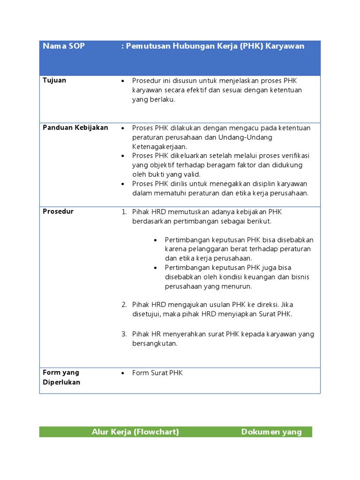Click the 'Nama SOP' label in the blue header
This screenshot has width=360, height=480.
pyautogui.click(x=64, y=46)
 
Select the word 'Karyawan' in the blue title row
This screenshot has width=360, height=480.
pyautogui.click(x=285, y=46)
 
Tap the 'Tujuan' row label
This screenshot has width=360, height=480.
pyautogui.click(x=54, y=80)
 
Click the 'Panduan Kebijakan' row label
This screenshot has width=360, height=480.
pyautogui.click(x=75, y=127)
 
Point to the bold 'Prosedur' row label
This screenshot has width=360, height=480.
pyautogui.click(x=58, y=211)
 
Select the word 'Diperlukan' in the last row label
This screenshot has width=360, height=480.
pyautogui.click(x=61, y=382)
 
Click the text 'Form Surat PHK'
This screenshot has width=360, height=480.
pyautogui.click(x=157, y=373)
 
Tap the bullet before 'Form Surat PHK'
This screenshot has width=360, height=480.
pyautogui.click(x=123, y=373)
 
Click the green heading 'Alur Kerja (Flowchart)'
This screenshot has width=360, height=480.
pyautogui.click(x=135, y=432)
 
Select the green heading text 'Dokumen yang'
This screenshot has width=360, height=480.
pyautogui.click(x=271, y=432)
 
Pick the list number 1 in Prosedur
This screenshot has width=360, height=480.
pyautogui.click(x=124, y=212)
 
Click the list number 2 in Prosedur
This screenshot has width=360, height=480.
pyautogui.click(x=124, y=305)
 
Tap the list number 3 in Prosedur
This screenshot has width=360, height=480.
pyautogui.click(x=124, y=334)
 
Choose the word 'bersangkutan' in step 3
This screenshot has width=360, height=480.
pyautogui.click(x=155, y=344)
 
